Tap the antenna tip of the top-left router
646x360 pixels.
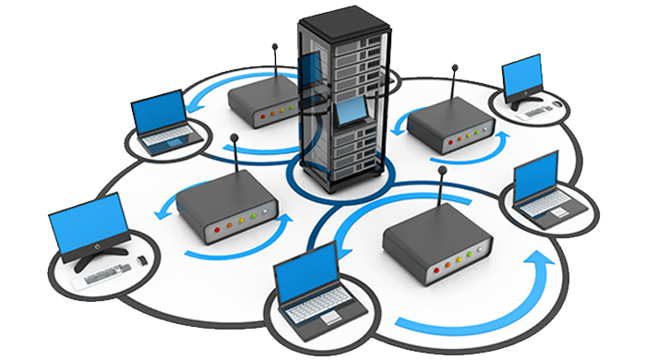(276, 46)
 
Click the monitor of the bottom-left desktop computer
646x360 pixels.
(88, 224)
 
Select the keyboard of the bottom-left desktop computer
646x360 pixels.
(109, 273)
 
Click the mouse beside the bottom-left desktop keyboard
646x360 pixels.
(142, 262)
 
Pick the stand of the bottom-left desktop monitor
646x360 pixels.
(96, 255)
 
